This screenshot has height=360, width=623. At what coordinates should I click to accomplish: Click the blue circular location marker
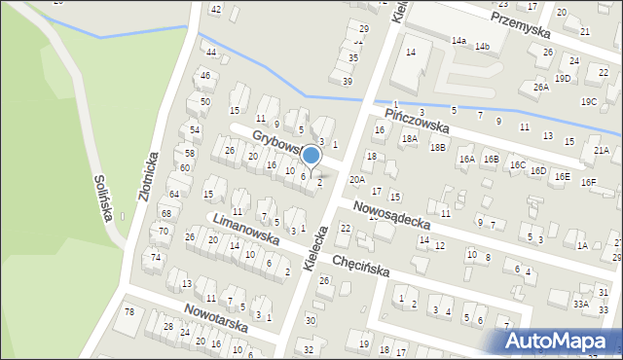[x=311, y=155]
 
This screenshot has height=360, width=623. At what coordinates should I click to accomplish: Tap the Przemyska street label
[x=520, y=20]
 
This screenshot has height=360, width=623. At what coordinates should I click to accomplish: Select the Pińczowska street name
[x=416, y=121]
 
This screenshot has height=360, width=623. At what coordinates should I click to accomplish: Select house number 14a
[x=458, y=41]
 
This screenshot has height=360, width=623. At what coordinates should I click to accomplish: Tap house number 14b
[x=482, y=46]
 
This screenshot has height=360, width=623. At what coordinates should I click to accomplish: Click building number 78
[x=128, y=311]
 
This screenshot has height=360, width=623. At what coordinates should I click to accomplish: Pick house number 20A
[x=357, y=180]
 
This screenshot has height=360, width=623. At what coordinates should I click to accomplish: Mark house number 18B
[x=438, y=147]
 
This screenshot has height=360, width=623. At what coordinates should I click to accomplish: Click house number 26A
[x=541, y=87]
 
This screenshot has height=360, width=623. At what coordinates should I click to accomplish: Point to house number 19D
[x=563, y=78]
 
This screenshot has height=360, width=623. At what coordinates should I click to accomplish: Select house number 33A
[x=580, y=304]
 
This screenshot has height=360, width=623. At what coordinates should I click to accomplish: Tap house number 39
[x=347, y=81]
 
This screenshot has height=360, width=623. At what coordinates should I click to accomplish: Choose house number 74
[x=156, y=256]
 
